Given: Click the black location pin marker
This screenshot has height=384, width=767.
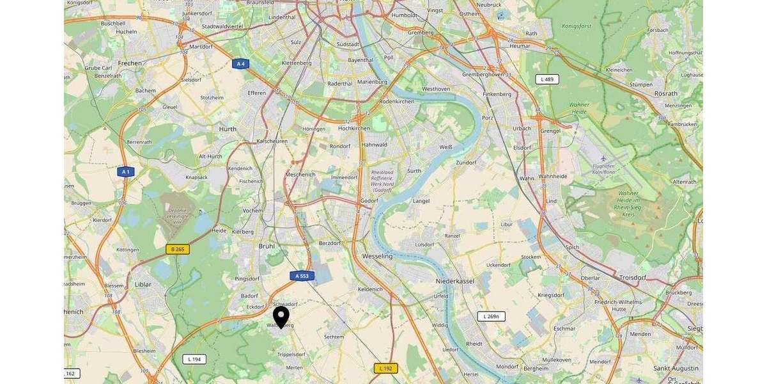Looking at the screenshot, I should (281, 317).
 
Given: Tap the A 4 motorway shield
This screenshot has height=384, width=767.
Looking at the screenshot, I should (240, 63).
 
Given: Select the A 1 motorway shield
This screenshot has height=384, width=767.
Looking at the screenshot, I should (126, 172).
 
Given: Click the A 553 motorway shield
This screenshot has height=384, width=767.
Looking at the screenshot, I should (302, 276).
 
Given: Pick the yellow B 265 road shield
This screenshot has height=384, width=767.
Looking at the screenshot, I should (178, 249).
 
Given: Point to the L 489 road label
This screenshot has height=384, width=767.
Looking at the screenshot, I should (547, 79).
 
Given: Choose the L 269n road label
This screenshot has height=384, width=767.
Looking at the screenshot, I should (491, 316).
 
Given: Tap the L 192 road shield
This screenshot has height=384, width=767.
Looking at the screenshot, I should (385, 368).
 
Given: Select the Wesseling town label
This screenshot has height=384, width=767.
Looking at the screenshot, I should (377, 256).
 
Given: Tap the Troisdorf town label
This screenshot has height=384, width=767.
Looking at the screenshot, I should (634, 278).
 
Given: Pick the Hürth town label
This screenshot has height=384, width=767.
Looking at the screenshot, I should (228, 129).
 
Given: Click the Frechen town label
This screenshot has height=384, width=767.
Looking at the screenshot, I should (130, 63).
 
